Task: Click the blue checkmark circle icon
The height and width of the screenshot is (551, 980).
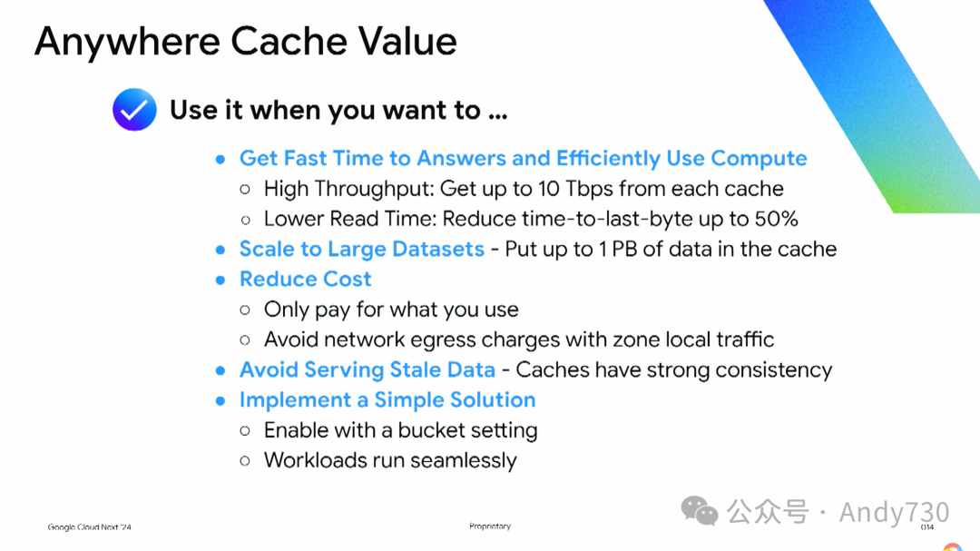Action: (x=134, y=110)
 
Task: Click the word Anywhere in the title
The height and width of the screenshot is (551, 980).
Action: (x=128, y=42)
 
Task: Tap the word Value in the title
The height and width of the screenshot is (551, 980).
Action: (x=407, y=41)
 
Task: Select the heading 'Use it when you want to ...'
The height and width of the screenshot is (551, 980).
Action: (x=338, y=110)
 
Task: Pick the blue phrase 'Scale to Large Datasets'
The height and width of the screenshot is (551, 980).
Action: (x=362, y=249)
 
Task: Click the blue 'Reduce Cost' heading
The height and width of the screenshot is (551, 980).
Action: (x=306, y=279)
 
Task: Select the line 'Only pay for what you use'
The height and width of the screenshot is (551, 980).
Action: (x=391, y=310)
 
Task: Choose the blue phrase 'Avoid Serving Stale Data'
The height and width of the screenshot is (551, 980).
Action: (x=367, y=369)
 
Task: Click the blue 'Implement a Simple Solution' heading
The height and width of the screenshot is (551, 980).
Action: (x=387, y=399)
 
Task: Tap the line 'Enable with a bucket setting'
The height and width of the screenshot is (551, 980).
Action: (x=401, y=430)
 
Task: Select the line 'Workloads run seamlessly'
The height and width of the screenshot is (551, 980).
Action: (x=390, y=460)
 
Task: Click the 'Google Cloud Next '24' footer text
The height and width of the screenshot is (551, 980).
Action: (x=89, y=527)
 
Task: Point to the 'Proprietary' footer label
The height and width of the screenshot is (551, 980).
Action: (x=490, y=526)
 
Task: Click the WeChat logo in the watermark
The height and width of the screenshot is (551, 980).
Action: (x=700, y=511)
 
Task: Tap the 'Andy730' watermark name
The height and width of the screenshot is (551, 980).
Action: (x=895, y=512)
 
